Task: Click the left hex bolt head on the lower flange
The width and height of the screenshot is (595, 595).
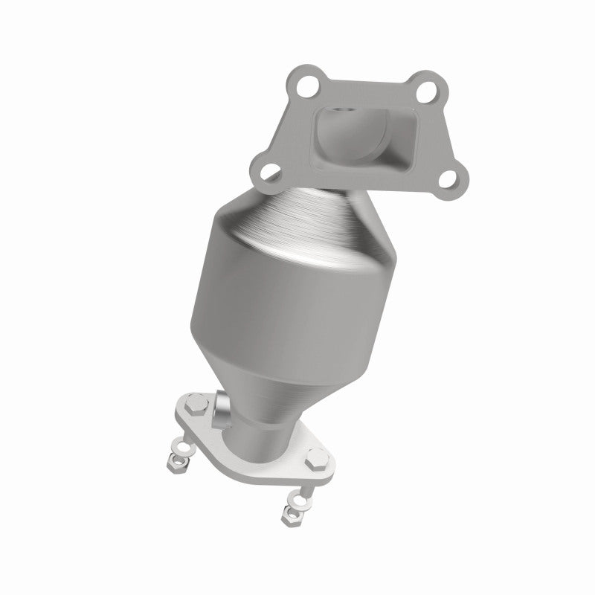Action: point(192,408)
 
